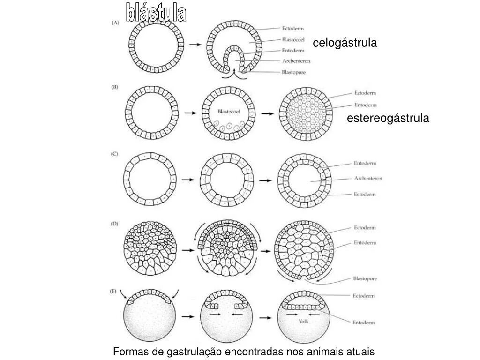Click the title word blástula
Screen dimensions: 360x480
tap(156, 13)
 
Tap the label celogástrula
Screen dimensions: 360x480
tap(345, 43)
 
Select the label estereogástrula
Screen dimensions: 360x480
tap(388, 119)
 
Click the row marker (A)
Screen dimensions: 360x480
tap(115, 22)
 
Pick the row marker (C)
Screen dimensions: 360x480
tap(115, 154)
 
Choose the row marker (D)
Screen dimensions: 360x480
tap(115, 224)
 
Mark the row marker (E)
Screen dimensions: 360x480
tap(113, 291)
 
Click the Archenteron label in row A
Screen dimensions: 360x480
tap(296, 61)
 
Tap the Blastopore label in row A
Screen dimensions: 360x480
tap(294, 72)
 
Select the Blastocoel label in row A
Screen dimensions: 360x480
tap(293, 40)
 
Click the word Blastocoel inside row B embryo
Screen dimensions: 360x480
tap(229, 112)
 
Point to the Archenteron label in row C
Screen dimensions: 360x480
tap(368, 179)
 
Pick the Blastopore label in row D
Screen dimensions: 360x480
tap(365, 278)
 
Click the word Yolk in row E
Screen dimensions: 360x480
tap(303, 322)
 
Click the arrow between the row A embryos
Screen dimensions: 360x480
tap(195, 45)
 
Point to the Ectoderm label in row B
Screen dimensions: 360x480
tap(365, 93)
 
